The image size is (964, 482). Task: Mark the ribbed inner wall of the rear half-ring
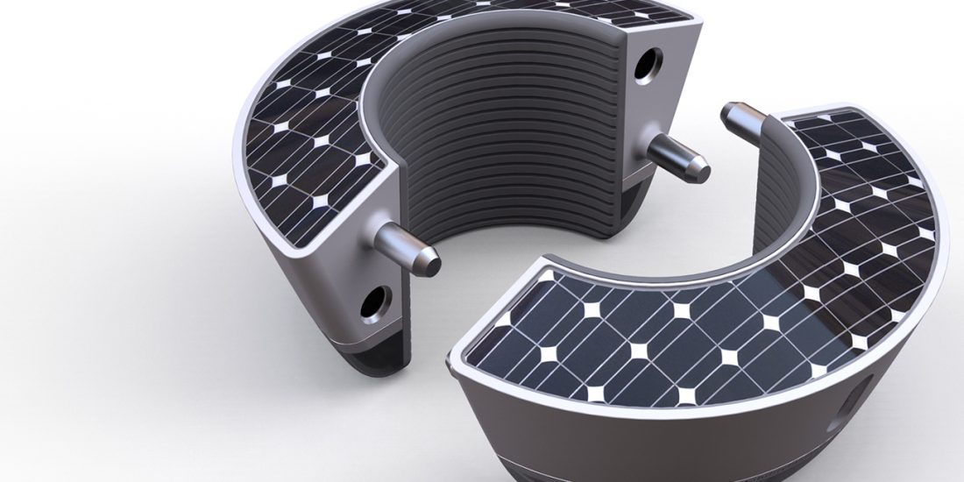click(x=508, y=131)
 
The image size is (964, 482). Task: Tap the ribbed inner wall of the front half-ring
click(x=771, y=193)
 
